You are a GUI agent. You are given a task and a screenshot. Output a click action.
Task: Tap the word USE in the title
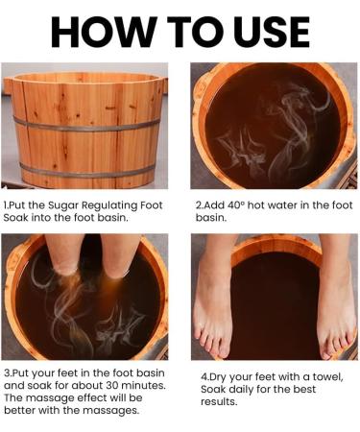pyautogui.click(x=272, y=32)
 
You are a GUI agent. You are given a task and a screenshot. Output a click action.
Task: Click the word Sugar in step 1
pyautogui.click(x=63, y=205)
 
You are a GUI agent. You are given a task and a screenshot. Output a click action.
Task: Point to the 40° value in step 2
pyautogui.click(x=236, y=205)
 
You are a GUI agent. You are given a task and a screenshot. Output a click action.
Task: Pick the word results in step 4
pyautogui.click(x=219, y=401)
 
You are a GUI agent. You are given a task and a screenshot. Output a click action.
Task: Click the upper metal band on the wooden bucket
pyautogui.click(x=86, y=126)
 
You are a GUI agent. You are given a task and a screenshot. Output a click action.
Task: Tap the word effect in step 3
pyautogui.click(x=82, y=397)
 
